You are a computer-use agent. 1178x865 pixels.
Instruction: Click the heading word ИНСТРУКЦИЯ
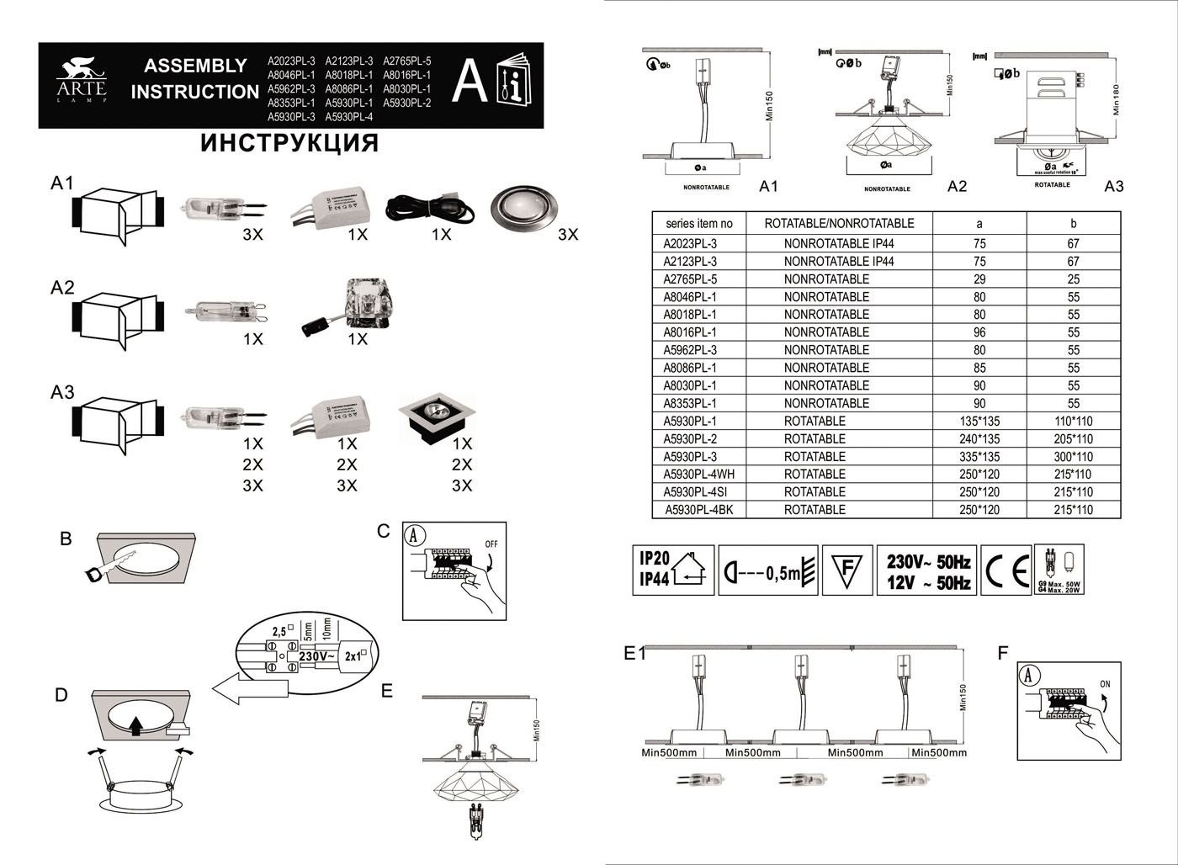pyautogui.click(x=289, y=143)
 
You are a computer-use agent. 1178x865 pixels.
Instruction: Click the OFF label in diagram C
pyautogui.click(x=491, y=544)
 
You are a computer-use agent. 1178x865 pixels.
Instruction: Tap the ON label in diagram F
pyautogui.click(x=1105, y=684)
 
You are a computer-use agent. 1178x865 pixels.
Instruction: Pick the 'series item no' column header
pyautogui.click(x=698, y=224)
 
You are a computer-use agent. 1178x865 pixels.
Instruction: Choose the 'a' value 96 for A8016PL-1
pyautogui.click(x=979, y=332)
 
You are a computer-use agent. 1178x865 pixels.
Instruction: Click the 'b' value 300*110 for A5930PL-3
pyautogui.click(x=1073, y=457)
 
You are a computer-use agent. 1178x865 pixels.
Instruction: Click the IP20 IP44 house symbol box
pyautogui.click(x=673, y=570)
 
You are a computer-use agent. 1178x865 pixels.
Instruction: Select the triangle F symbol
pyautogui.click(x=846, y=570)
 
